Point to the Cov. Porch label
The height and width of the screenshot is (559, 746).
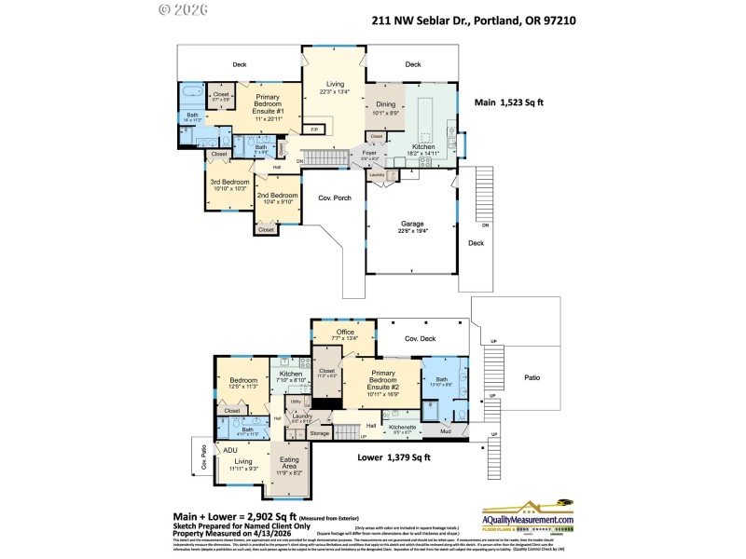[333, 198]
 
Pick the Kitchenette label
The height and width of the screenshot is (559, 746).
[402, 429]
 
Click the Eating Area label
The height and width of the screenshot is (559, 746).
[290, 466]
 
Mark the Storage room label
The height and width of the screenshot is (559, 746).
[320, 433]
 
